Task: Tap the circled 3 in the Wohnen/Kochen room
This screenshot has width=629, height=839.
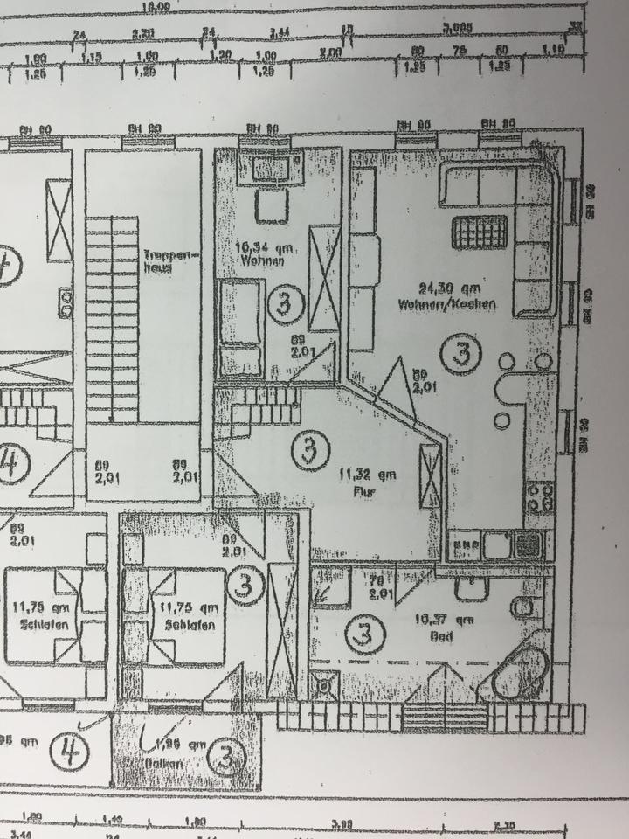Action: point(461,354)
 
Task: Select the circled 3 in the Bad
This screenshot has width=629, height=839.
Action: point(364,634)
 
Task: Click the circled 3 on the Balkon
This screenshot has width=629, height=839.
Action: point(226,758)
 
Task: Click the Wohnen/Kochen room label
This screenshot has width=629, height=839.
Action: point(446,306)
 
